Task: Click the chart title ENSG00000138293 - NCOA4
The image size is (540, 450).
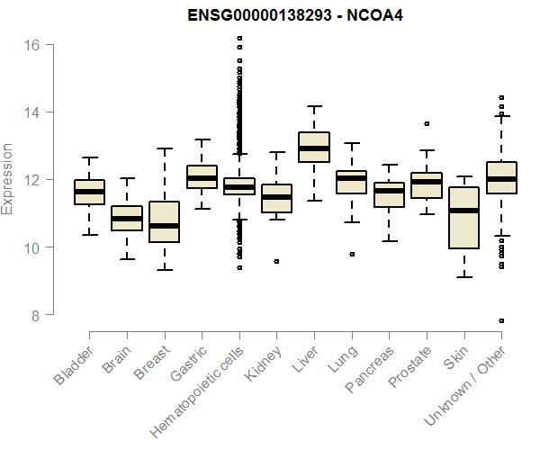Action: click(x=289, y=16)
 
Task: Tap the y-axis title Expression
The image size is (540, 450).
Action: click(x=8, y=179)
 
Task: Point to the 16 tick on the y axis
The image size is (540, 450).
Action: click(x=34, y=45)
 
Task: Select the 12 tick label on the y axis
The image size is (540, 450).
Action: click(x=34, y=180)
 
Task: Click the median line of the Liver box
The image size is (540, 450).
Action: click(x=314, y=148)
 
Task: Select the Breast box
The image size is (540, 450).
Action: click(x=165, y=222)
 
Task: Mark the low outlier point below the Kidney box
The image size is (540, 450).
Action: click(x=276, y=261)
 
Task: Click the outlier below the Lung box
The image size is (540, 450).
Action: click(x=352, y=254)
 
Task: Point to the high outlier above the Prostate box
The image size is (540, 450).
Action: click(x=427, y=123)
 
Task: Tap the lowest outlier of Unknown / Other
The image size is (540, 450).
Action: click(x=501, y=320)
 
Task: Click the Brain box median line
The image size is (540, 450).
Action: click(x=127, y=219)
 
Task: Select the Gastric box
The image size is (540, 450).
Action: click(x=202, y=177)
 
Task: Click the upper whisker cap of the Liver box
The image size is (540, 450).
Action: click(x=314, y=106)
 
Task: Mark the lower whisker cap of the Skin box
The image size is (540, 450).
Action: click(x=463, y=276)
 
